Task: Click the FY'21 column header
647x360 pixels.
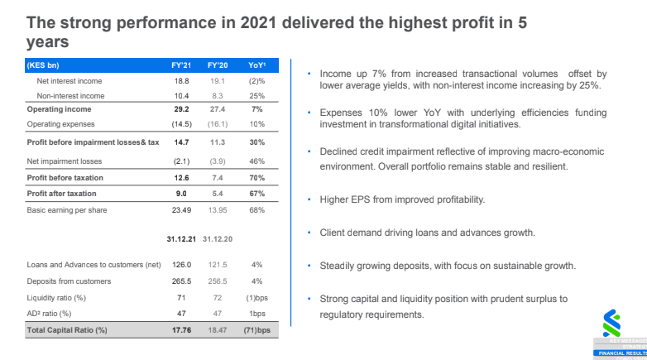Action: (181, 65)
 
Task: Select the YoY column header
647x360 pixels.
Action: (257, 65)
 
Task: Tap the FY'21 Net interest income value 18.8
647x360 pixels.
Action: (181, 81)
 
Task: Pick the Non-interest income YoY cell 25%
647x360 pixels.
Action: (257, 95)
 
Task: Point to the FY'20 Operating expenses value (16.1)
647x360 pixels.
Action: (217, 123)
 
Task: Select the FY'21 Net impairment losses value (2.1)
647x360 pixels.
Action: (181, 161)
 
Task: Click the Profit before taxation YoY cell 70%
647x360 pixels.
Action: (257, 177)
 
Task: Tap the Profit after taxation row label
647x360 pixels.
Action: (61, 194)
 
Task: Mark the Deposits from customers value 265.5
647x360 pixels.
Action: (180, 281)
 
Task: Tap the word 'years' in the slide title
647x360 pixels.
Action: (48, 41)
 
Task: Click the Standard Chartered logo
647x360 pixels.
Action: (612, 324)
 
